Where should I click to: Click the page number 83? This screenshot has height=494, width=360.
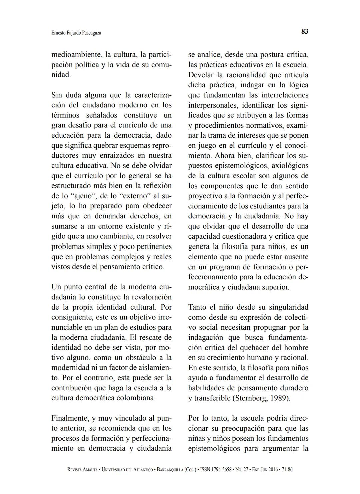click(x=305, y=31)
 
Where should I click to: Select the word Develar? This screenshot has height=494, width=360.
click(x=201, y=75)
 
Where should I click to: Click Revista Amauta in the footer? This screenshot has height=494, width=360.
click(x=82, y=470)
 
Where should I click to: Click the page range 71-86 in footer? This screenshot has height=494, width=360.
click(x=287, y=470)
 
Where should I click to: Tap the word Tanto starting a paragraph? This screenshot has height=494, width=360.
click(x=197, y=307)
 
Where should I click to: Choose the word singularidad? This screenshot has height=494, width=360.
click(x=289, y=307)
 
